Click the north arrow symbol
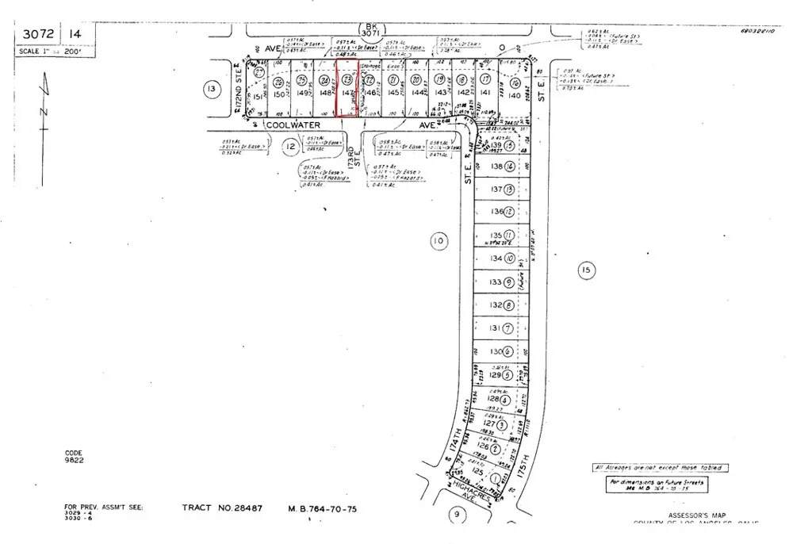[x=45, y=99]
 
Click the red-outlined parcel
[x=347, y=89]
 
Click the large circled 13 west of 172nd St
[x=210, y=89]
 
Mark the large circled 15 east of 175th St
[x=585, y=271]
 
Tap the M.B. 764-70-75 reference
[x=321, y=508]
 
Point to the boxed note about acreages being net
[x=660, y=468]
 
